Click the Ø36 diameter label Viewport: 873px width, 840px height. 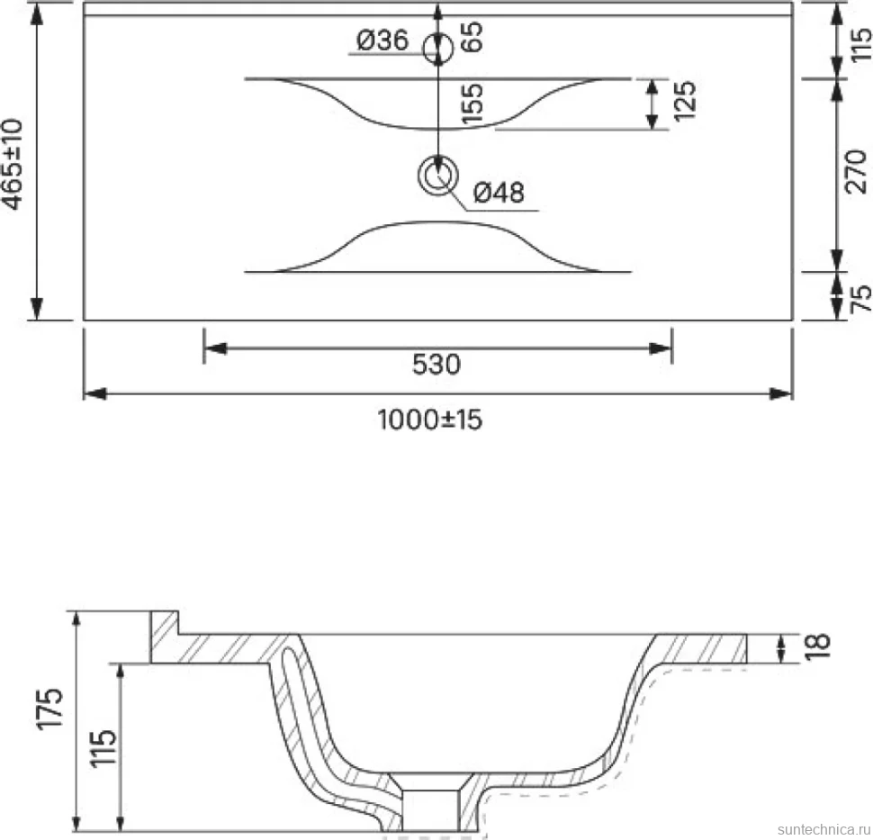(x=382, y=41)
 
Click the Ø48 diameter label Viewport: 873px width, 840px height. (x=499, y=193)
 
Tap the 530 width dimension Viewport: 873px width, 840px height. (x=436, y=365)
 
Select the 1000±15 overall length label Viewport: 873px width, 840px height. (x=430, y=420)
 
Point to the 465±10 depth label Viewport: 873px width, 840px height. (x=13, y=164)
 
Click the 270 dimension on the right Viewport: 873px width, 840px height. (x=856, y=172)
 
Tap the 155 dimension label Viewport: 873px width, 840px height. (x=472, y=104)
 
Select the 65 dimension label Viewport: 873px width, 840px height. (x=472, y=37)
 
